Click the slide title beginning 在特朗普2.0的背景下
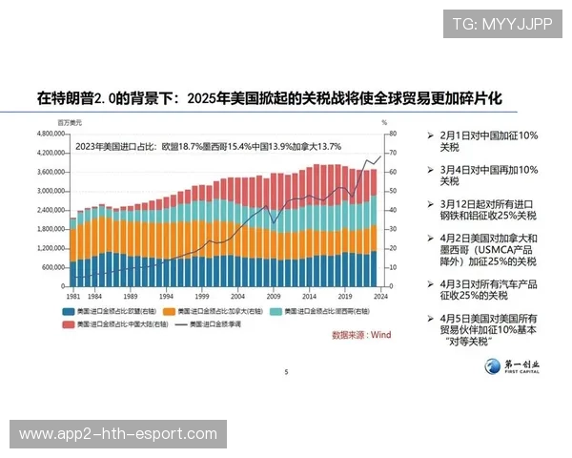269,98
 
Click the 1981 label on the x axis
73,297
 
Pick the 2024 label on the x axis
379,297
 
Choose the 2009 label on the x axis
274,297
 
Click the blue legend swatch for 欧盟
69,312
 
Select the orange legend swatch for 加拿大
169,312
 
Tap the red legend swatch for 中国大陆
69,325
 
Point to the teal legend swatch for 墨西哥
276,312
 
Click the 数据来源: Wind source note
361,335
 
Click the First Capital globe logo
494,366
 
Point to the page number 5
286,372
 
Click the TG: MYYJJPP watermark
501,24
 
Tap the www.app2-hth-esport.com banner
118,434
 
